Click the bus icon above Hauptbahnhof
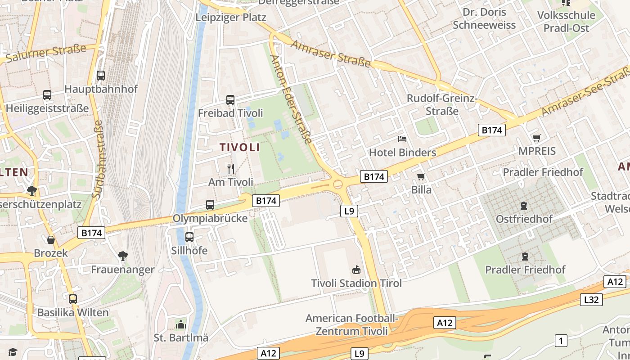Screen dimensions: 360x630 101,76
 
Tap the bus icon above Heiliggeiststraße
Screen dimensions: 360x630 47,95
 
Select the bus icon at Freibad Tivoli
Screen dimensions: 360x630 230,99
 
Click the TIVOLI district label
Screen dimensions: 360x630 239,147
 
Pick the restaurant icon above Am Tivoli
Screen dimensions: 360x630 231,169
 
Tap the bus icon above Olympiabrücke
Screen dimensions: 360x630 210,205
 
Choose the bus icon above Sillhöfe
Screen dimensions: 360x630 189,237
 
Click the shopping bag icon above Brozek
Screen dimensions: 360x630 51,240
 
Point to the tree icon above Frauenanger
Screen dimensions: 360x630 122,256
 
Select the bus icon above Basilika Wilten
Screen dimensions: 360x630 73,299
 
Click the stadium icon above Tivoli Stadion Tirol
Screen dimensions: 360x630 356,270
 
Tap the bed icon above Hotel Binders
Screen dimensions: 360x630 402,139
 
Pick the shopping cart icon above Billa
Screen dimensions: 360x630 421,176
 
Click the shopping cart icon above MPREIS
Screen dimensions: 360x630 536,138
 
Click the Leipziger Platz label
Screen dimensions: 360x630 231,18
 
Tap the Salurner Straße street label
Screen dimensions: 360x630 45,54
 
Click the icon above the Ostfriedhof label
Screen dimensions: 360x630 524,206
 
